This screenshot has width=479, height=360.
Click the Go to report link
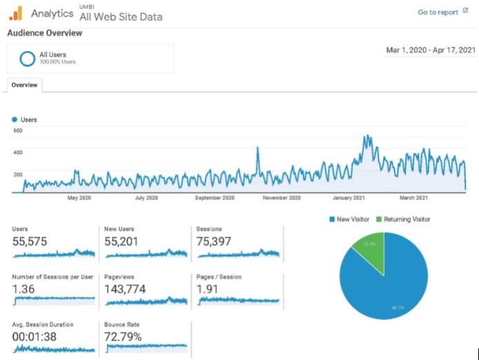point(443,12)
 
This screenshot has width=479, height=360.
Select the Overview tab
point(25,85)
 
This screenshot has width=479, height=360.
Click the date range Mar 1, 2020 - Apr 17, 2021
point(430,50)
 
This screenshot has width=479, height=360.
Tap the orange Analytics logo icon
point(16,12)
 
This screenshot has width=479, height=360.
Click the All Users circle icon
point(28,59)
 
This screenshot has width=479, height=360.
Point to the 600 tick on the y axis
point(17,130)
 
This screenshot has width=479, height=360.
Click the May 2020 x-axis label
point(79,198)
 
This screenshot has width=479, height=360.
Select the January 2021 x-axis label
point(349,198)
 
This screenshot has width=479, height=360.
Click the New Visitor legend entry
point(349,219)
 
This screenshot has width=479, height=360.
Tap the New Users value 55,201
point(124,241)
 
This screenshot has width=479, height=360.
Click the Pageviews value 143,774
point(125,289)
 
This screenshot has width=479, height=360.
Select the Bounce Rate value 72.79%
point(123,337)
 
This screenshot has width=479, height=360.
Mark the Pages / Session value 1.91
point(208,289)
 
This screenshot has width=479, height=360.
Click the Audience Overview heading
point(44,33)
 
